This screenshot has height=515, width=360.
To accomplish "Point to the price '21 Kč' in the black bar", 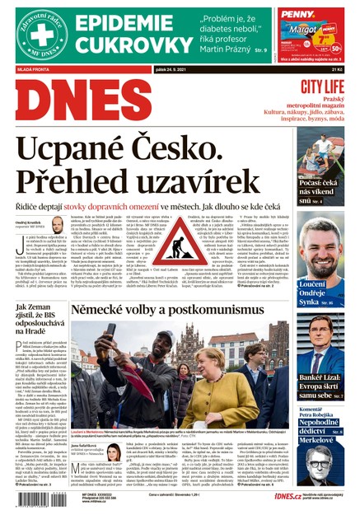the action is pos(335,70).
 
